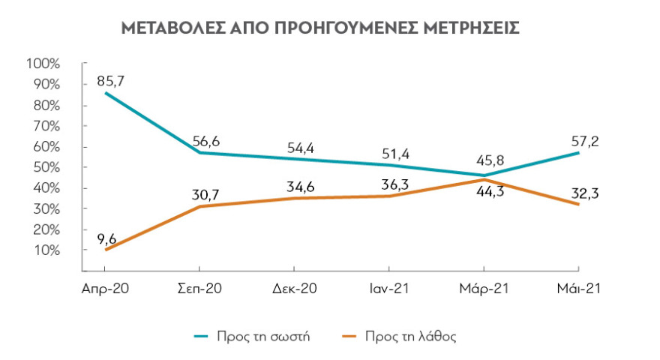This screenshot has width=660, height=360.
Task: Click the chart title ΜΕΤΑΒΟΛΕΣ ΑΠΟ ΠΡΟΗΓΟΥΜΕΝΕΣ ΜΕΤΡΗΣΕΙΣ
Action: pyautogui.click(x=320, y=28)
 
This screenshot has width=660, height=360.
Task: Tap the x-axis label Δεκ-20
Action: pyautogui.click(x=293, y=289)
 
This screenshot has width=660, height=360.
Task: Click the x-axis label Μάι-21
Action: pyautogui.click(x=578, y=289)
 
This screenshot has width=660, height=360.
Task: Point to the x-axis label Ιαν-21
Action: pyautogui.click(x=388, y=289)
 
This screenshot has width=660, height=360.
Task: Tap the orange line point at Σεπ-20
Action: pyautogui.click(x=199, y=206)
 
